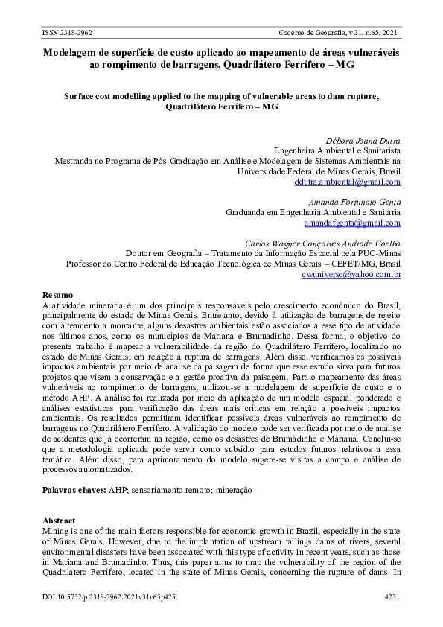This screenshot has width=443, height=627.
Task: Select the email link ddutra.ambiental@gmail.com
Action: (x=348, y=181)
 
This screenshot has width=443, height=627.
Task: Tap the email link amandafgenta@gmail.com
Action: (x=352, y=223)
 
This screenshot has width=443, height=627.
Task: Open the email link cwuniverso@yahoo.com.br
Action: (x=351, y=274)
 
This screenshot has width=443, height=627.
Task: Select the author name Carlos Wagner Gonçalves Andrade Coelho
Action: (x=323, y=243)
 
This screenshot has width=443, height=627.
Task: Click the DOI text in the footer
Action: (x=109, y=596)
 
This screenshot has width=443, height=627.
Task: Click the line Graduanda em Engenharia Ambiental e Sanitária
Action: (x=313, y=212)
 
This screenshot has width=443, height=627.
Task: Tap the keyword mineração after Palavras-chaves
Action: (x=233, y=491)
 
